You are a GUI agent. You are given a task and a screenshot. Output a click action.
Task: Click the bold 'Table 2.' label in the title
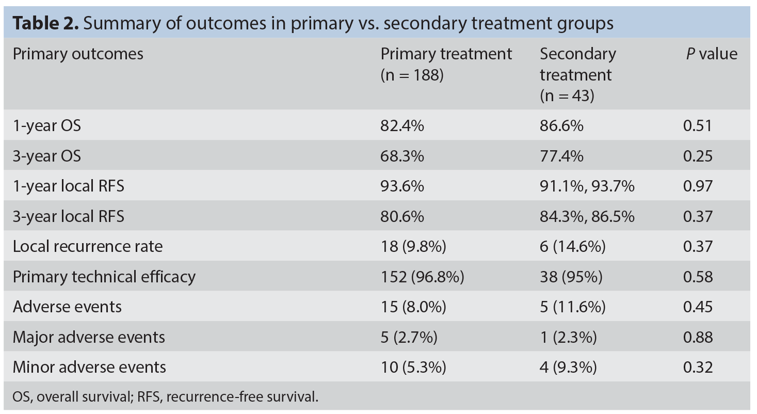45,23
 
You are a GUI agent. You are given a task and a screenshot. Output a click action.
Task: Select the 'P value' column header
712,54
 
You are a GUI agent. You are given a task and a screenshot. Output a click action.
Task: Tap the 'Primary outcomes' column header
78,54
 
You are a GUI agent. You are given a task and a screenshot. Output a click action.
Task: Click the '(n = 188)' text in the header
412,75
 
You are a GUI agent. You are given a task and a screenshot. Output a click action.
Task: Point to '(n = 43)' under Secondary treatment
567,95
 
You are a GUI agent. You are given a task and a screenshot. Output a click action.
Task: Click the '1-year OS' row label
47,126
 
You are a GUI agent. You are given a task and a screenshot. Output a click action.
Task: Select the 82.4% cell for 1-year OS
402,126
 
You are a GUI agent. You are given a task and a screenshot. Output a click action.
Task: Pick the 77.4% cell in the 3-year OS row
561,156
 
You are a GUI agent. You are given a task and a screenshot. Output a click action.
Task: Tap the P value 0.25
698,156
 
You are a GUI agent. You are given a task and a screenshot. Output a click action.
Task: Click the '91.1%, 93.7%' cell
587,186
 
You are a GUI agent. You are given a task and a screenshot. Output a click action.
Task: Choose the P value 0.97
698,186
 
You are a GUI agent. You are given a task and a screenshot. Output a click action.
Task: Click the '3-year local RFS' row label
69,217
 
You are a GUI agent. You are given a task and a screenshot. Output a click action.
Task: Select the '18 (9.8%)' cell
413,246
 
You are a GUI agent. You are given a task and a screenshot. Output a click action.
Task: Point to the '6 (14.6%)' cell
572,246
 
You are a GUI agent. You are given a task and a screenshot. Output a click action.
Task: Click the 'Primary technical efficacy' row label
104,277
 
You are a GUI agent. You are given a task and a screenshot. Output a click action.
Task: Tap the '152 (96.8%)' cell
423,277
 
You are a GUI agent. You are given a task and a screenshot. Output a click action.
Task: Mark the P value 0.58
698,277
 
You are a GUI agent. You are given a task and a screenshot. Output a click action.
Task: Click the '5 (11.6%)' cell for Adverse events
572,307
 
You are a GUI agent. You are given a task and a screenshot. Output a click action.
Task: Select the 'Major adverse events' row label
89,337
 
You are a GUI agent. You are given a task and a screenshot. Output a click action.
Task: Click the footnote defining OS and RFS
166,397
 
